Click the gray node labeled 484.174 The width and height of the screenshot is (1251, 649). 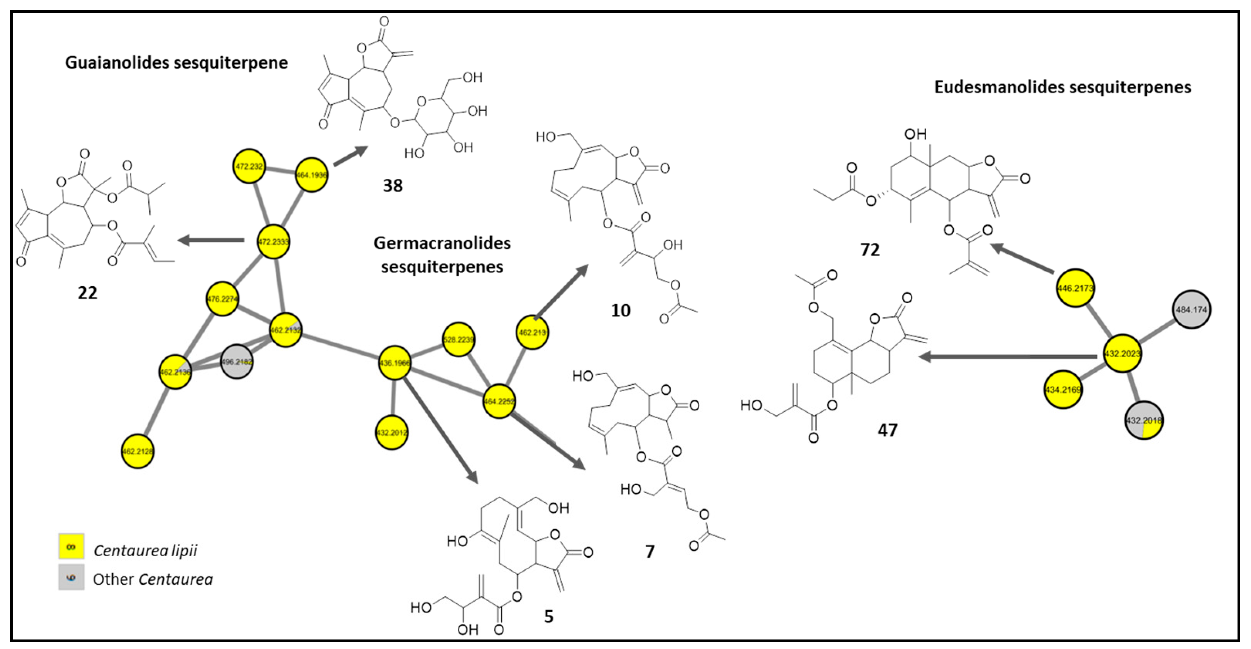(1191, 309)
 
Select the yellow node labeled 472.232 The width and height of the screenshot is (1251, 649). (249, 166)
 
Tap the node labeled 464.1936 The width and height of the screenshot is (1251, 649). (312, 175)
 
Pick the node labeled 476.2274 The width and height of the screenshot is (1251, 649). (223, 299)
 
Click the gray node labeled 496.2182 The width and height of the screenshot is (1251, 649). (237, 362)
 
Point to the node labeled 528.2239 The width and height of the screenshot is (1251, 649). (459, 339)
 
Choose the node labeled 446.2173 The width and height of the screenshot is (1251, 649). (1076, 288)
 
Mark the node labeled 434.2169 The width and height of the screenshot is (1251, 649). (1063, 389)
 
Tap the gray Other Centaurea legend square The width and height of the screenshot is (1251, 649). (71, 577)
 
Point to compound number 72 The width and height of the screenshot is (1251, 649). (870, 249)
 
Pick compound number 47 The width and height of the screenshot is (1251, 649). (887, 430)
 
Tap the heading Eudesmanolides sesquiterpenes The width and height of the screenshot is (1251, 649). (1063, 87)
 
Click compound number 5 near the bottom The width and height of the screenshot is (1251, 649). (548, 616)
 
